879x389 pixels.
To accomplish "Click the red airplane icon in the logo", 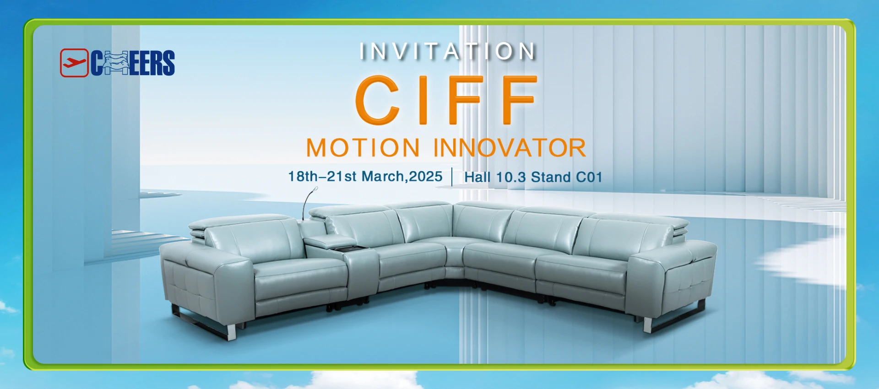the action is point(74,63).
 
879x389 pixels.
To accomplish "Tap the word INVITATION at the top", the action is point(448,51).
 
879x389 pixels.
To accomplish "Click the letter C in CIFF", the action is point(378,100).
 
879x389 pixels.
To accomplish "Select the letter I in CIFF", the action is point(423,100).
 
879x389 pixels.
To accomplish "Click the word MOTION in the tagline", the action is point(363,148).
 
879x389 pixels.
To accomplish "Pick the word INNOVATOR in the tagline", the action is point(510,148).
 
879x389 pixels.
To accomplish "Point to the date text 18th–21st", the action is point(322,176).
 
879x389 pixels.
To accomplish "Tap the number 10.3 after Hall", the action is point(511,177).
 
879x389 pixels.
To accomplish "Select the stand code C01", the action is point(589,177).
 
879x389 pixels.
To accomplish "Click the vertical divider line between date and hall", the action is point(452,177).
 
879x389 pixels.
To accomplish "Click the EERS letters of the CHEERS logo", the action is point(152,63).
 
